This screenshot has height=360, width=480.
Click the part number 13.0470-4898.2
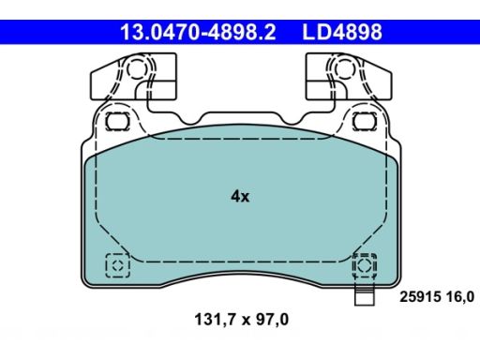[x=198, y=32]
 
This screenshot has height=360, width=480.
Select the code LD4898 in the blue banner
[x=342, y=32]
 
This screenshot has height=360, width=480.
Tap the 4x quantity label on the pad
[x=240, y=197]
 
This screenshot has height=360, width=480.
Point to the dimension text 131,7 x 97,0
[x=242, y=320]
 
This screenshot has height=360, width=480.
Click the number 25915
[x=420, y=296]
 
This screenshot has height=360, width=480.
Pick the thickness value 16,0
[x=460, y=296]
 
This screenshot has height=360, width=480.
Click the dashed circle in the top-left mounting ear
[x=137, y=69]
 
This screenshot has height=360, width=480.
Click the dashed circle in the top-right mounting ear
[x=344, y=69]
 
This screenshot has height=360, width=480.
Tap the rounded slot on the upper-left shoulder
[x=117, y=121]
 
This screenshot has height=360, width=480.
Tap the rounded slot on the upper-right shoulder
[x=365, y=121]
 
